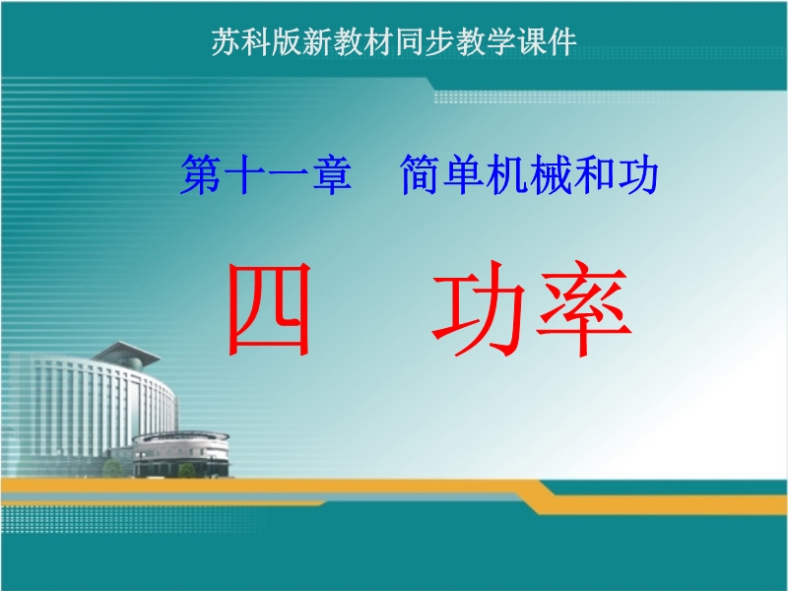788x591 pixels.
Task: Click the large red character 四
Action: coord(269,308)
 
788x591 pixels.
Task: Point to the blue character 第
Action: coord(201,174)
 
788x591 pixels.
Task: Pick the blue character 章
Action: coord(332,174)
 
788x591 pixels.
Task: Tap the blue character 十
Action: coord(244,174)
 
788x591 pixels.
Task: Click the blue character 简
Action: coord(421,174)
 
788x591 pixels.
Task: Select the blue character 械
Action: coord(552,174)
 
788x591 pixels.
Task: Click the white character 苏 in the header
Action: coord(226,41)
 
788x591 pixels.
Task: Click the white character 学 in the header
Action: coord(501,41)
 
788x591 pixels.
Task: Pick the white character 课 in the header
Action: coord(532,41)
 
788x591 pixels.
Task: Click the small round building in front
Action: coord(181,454)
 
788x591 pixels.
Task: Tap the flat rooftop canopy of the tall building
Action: coord(127,352)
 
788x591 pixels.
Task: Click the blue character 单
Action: coord(464,174)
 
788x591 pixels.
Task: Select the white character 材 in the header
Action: coord(378,41)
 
